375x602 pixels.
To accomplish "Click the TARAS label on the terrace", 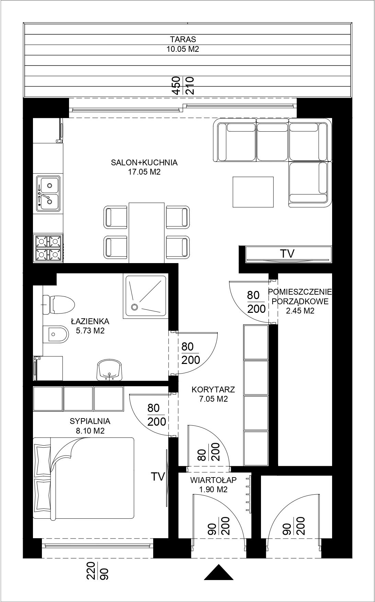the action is [x=183, y=39].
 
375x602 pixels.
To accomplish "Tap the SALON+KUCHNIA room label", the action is [x=144, y=163].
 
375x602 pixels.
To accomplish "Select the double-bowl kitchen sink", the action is [x=48, y=193].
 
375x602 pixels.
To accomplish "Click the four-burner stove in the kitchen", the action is [x=48, y=248].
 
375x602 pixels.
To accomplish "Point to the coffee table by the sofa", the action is [x=253, y=192].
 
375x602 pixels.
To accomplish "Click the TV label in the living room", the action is [x=287, y=254].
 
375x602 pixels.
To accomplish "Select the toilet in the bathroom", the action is [x=58, y=304].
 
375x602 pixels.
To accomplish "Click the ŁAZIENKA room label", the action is [x=90, y=321].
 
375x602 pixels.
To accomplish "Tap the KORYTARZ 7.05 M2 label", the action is [x=213, y=394].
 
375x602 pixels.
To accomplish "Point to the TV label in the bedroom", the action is [x=158, y=476].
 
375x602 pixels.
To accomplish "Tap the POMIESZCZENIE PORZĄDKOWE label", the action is [x=300, y=297].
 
